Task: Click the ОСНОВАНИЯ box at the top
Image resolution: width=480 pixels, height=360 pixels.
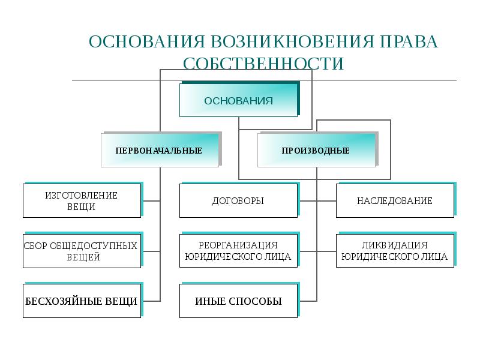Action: tap(238, 100)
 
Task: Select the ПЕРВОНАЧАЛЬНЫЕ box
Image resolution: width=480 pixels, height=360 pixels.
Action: tap(159, 150)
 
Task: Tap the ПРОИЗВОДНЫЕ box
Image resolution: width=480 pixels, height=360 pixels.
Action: tap(316, 150)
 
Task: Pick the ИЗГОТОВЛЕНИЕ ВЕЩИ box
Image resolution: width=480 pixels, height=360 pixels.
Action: tap(82, 201)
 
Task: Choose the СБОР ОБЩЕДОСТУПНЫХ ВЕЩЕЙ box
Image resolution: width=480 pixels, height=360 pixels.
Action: tap(82, 251)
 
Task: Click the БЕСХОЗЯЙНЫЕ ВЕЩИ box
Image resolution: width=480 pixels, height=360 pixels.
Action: tap(82, 301)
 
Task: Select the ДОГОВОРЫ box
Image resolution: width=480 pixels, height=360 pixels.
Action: tap(238, 201)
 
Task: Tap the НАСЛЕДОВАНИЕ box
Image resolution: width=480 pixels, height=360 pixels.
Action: tap(394, 201)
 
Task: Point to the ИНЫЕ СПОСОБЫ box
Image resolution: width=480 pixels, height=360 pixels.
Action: tap(238, 301)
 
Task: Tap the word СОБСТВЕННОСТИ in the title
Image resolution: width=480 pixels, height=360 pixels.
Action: tap(263, 64)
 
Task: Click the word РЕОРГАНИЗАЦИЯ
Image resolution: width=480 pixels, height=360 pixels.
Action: tap(238, 245)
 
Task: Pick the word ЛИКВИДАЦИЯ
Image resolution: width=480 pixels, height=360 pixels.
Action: tap(394, 245)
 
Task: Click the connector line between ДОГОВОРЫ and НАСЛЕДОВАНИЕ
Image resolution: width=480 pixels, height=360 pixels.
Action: tap(317, 201)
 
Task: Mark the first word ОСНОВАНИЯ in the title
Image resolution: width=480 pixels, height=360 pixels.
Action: tap(146, 43)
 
